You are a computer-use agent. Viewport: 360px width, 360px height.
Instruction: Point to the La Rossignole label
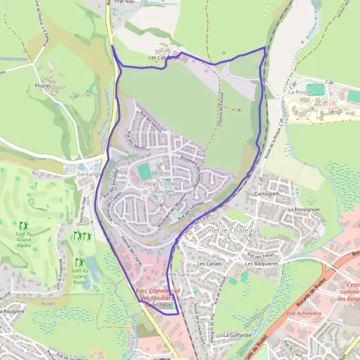pyautogui.click(x=306, y=209)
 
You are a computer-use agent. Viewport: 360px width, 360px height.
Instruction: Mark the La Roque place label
pyautogui.click(x=298, y=92)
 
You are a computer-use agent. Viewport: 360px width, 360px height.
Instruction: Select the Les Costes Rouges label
pyautogui.click(x=161, y=187)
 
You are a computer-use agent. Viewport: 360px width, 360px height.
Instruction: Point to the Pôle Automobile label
pyautogui.click(x=304, y=313)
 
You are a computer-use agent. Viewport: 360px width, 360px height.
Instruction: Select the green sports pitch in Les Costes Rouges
pyautogui.click(x=145, y=172)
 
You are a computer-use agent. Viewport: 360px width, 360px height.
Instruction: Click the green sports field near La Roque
pyautogui.click(x=317, y=90)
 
